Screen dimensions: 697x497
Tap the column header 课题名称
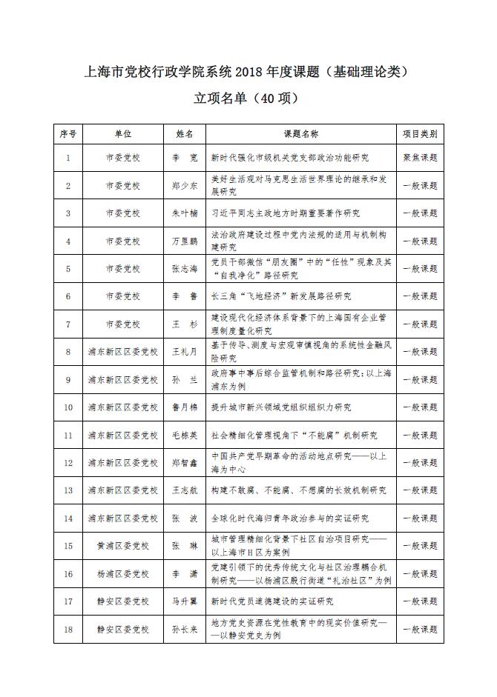(x=300, y=134)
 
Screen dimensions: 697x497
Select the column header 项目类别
(x=420, y=134)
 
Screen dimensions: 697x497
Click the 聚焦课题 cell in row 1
(x=420, y=158)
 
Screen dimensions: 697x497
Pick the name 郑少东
(x=185, y=186)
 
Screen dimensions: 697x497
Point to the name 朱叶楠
(x=185, y=213)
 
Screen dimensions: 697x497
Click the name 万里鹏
(x=185, y=241)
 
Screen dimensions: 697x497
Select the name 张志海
(x=185, y=269)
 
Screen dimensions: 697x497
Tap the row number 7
(x=68, y=324)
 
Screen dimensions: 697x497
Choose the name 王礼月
(x=185, y=352)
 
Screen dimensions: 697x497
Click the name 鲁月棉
(x=185, y=407)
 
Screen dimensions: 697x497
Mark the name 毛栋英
(x=185, y=435)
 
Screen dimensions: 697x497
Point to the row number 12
(x=68, y=463)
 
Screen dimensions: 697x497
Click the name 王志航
(x=185, y=490)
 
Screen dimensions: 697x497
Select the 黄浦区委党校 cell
(x=122, y=546)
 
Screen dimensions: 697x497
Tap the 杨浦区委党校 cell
(x=122, y=573)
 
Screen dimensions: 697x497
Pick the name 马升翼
(x=185, y=601)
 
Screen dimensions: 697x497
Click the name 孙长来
(x=185, y=630)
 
